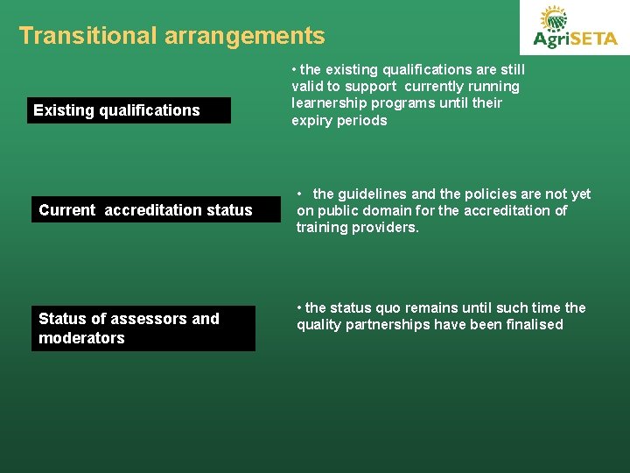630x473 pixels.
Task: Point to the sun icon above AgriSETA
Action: click(553, 18)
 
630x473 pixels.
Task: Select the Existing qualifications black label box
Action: click(129, 110)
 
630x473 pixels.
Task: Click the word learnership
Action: click(329, 103)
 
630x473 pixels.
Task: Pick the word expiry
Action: click(311, 121)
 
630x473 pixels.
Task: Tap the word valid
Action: click(308, 87)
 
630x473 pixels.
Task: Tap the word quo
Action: click(390, 307)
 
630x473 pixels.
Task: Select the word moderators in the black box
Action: click(81, 338)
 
